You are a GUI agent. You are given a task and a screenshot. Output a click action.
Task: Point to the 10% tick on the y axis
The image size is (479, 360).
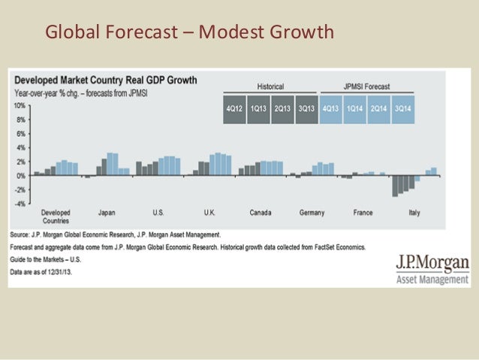point(20,106)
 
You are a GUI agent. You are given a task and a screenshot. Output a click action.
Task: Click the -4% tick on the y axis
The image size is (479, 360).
point(20,203)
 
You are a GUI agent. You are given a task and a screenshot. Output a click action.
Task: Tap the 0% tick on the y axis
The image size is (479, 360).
point(20,175)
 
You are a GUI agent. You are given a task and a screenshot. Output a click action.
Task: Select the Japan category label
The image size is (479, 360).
point(107,213)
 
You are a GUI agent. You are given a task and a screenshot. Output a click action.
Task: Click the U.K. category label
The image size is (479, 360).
point(209,213)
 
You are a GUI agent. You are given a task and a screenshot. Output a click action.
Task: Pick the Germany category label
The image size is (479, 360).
point(312,213)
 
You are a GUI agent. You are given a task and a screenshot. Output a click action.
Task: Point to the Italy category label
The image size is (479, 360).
point(414,213)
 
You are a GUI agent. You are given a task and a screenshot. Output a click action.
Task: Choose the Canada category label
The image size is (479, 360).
point(261,213)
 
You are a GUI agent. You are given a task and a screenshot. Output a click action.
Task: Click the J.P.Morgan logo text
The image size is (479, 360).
point(432,264)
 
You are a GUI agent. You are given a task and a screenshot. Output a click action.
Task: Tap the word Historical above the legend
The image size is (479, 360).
point(270,86)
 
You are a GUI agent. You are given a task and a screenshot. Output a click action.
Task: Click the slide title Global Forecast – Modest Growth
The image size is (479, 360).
point(189,32)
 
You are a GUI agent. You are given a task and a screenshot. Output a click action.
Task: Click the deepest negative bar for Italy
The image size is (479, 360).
point(395,186)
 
